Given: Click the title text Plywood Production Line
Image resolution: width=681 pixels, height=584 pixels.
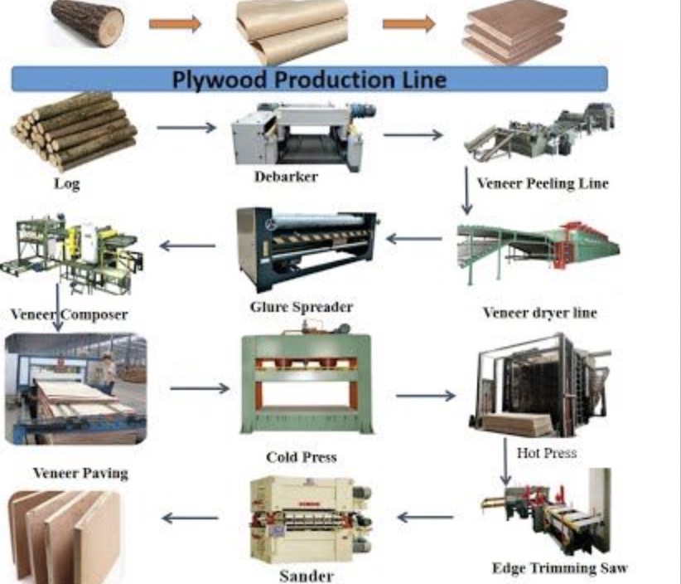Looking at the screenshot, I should click(x=309, y=80).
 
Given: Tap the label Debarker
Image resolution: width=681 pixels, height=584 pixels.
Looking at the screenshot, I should click(x=285, y=177).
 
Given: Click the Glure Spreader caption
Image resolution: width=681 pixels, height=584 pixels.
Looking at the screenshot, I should click(x=301, y=307).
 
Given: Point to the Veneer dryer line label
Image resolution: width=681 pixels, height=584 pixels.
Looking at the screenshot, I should click(x=539, y=313).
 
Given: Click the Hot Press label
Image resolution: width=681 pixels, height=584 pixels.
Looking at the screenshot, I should click(x=546, y=453).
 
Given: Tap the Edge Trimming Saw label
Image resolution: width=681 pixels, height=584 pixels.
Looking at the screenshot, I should click(x=559, y=568).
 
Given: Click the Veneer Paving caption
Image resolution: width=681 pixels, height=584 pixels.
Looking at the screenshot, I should click(x=80, y=473).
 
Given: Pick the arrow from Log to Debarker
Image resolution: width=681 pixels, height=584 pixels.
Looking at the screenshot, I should click(x=186, y=128).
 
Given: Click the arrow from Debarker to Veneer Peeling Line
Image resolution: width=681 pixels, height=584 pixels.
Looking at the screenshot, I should click(x=413, y=134).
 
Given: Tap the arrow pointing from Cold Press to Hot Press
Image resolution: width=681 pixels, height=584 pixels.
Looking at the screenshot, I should click(x=425, y=396).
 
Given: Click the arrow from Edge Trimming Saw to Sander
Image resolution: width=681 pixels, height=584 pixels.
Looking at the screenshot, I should click(x=425, y=518).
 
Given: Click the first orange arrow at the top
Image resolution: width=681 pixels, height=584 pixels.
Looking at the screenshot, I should click(x=175, y=24).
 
